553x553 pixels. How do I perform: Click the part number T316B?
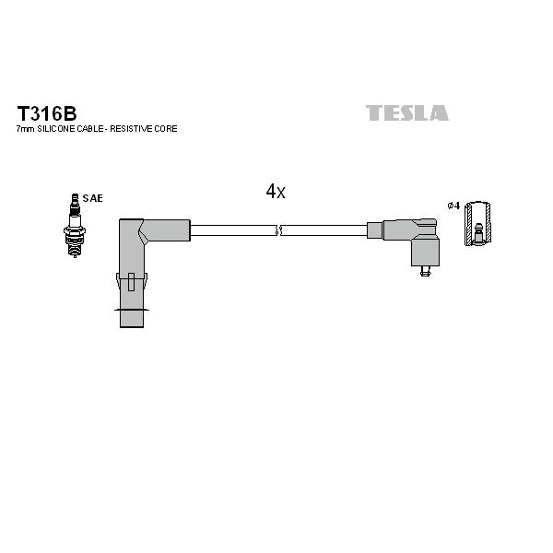pyautogui.click(x=47, y=113)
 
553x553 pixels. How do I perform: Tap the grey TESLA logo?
pyautogui.click(x=407, y=112)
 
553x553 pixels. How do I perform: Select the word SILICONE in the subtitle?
pyautogui.click(x=56, y=129)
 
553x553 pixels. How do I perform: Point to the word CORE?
pyautogui.click(x=165, y=129)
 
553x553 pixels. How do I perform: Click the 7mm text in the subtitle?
pyautogui.click(x=26, y=129)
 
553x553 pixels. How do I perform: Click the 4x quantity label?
pyautogui.click(x=276, y=192)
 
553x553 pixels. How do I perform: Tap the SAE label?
pyautogui.click(x=92, y=198)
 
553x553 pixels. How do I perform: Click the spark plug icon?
pyautogui.click(x=75, y=226)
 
